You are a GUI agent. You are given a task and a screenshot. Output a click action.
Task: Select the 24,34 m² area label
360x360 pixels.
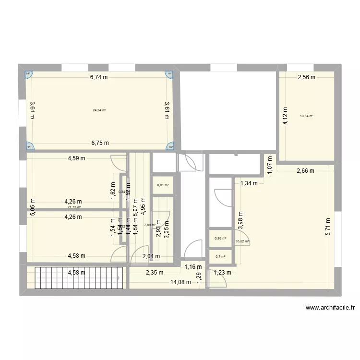pyautogui.click(x=99, y=110)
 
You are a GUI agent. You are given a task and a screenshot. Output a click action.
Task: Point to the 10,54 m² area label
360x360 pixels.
pyautogui.click(x=306, y=116)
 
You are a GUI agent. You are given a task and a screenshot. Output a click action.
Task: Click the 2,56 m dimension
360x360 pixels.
pyautogui.click(x=306, y=77)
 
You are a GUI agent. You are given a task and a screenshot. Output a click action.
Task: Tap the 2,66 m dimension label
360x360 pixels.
pyautogui.click(x=305, y=170)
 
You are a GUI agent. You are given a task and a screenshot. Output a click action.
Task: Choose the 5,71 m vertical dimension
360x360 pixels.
pyautogui.click(x=328, y=224)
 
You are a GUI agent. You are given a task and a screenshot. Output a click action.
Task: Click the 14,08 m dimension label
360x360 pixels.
pyautogui.click(x=181, y=282)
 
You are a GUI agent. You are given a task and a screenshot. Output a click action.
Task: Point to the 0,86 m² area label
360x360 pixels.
pyautogui.click(x=221, y=238)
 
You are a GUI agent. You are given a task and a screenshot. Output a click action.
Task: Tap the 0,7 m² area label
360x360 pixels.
pyautogui.click(x=221, y=257)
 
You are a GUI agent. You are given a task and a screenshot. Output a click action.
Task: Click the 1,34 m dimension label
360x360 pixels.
pyautogui.click(x=249, y=183)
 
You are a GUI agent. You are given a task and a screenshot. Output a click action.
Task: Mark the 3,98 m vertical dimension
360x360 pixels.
pyautogui.click(x=240, y=221)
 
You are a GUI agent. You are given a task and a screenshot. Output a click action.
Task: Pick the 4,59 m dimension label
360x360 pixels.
pyautogui.click(x=76, y=158)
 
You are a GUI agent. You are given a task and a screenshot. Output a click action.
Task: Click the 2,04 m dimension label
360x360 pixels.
pyautogui.click(x=152, y=257)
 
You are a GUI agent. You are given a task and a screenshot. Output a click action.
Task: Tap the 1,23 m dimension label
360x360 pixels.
pyautogui.click(x=222, y=273)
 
